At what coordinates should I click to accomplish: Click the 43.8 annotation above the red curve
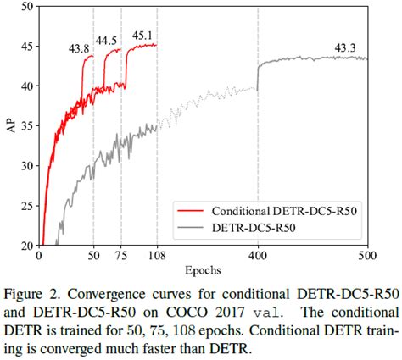click(x=79, y=48)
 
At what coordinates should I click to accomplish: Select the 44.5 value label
click(x=107, y=41)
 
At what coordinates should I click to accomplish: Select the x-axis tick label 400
click(x=256, y=255)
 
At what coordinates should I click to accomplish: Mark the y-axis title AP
click(x=10, y=127)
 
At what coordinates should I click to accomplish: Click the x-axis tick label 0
click(x=40, y=255)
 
